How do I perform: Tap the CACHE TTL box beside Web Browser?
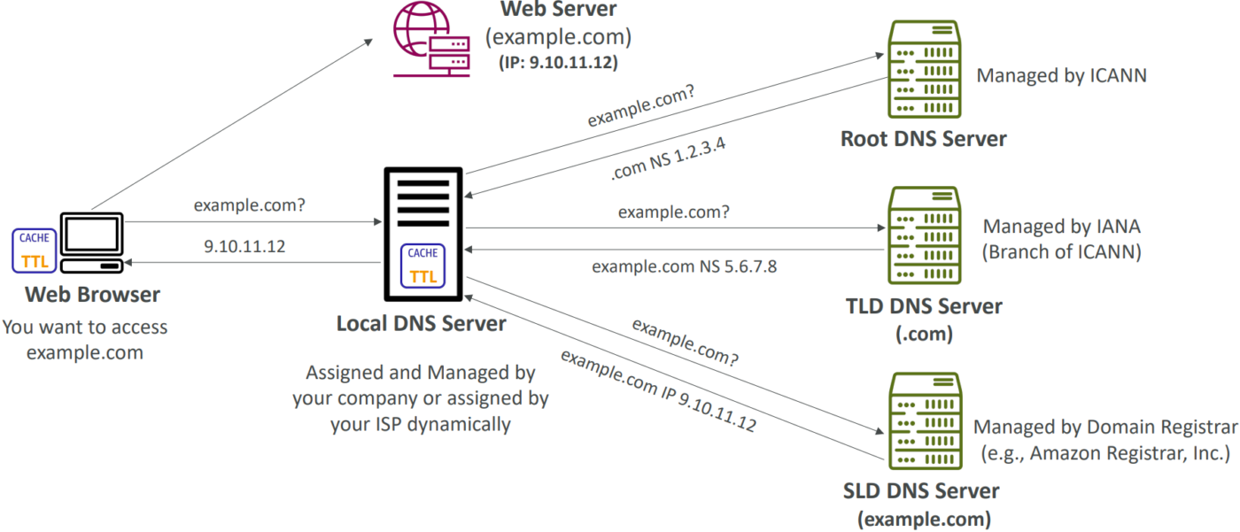click(34, 250)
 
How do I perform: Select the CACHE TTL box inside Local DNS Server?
click(422, 266)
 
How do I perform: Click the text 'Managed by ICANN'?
click(1061, 75)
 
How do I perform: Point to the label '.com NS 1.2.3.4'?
click(669, 158)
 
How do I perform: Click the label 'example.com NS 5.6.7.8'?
click(684, 266)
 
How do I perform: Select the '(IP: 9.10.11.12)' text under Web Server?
click(554, 64)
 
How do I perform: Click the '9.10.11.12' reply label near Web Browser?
click(244, 247)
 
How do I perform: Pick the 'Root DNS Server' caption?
click(923, 139)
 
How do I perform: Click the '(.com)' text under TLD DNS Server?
click(923, 335)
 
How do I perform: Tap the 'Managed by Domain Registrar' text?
click(1105, 428)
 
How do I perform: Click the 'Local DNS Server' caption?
click(421, 323)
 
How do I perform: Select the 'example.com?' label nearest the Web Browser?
click(250, 206)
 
